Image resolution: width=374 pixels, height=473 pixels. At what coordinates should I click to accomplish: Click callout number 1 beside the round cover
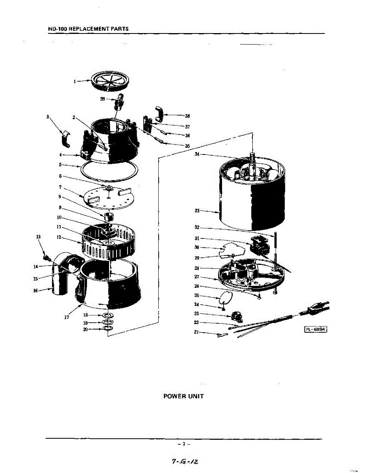click(74, 82)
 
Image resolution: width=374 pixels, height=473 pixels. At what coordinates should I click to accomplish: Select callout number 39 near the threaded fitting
click(102, 99)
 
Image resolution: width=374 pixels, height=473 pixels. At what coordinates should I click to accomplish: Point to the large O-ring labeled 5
click(110, 171)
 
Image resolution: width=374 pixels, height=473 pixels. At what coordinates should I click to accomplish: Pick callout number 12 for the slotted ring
click(59, 237)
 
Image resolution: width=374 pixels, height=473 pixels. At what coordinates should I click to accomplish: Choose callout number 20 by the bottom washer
click(85, 329)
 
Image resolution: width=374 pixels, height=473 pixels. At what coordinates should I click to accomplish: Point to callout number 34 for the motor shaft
click(197, 154)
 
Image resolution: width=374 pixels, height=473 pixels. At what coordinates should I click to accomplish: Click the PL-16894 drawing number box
click(316, 329)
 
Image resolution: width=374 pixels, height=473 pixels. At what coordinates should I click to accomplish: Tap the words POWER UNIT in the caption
click(184, 396)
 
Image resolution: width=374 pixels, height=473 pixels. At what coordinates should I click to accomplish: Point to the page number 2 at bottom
click(184, 444)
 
